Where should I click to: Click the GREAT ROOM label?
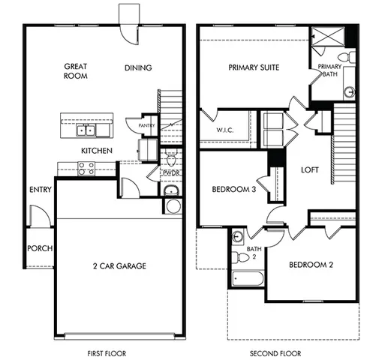click(77, 71)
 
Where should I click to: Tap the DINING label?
click(138, 68)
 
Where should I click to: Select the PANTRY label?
click(146, 125)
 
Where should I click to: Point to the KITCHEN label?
click(97, 151)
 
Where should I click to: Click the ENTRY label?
click(41, 190)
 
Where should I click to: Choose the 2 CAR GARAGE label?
click(119, 265)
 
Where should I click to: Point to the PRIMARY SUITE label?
click(254, 68)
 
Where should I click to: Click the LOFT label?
click(310, 170)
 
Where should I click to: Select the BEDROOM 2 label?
click(311, 264)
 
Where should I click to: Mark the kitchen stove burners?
click(86, 169)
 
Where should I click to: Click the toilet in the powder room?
click(170, 160)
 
